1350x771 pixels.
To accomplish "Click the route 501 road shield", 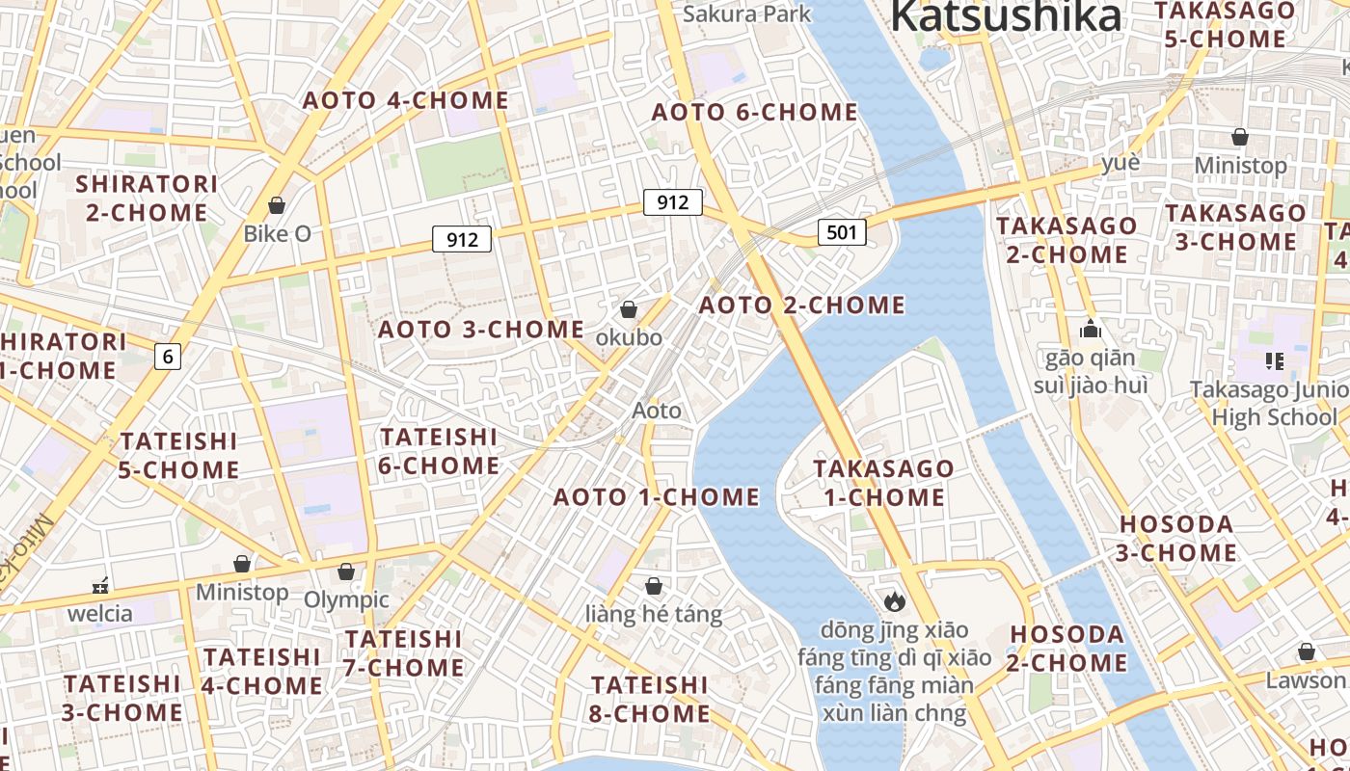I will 841,232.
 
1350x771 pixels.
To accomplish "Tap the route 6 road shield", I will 168,357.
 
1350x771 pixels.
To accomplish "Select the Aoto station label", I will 657,411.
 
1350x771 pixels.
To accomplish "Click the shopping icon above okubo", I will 629,309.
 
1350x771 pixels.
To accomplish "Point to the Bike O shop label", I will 277,233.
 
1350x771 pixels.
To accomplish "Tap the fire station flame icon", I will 894,601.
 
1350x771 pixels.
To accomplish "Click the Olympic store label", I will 346,599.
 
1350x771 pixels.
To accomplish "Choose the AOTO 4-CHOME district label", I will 406,100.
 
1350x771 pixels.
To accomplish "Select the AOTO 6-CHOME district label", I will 754,112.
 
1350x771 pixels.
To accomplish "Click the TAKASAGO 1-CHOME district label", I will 883,483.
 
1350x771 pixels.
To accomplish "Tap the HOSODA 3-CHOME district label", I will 1176,539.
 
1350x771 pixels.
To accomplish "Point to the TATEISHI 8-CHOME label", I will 650,699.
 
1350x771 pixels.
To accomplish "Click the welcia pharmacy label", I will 100,613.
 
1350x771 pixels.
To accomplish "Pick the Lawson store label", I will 1304,679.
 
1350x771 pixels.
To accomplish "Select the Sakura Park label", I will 747,13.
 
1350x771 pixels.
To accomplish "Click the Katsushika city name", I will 1005,16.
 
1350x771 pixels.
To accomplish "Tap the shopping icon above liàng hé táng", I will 654,586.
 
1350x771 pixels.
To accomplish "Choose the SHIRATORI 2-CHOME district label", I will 147,198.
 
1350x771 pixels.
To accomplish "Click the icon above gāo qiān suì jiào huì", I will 1091,330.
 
